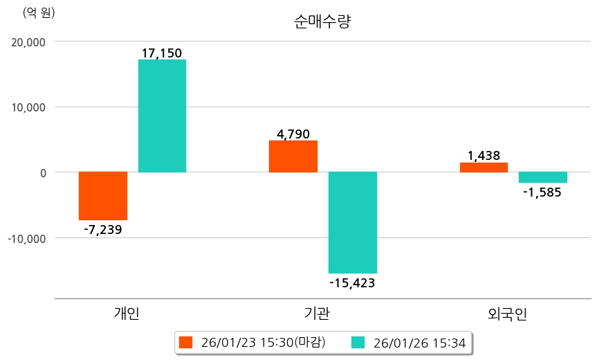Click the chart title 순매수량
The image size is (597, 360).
pyautogui.click(x=323, y=22)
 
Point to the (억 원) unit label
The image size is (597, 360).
pyautogui.click(x=39, y=12)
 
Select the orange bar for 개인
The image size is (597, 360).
pyautogui.click(x=103, y=195)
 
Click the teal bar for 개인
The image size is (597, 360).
pyautogui.click(x=162, y=116)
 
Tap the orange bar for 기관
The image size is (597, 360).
pyautogui.click(x=293, y=156)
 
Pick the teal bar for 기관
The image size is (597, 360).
pyautogui.click(x=353, y=222)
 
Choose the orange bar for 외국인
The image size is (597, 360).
pyautogui.click(x=484, y=167)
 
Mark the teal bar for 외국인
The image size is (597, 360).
pyautogui.click(x=543, y=177)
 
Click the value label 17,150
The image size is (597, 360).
pyautogui.click(x=162, y=53)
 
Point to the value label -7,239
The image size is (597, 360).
pyautogui.click(x=102, y=229)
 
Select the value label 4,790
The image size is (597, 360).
pyautogui.click(x=293, y=134)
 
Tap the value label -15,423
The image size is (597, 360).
pyautogui.click(x=352, y=282)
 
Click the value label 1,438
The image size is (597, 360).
pyautogui.click(x=484, y=156)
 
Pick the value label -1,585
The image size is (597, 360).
pyautogui.click(x=543, y=192)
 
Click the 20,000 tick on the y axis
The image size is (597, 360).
pyautogui.click(x=29, y=42)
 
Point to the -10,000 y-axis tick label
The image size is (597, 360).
pyautogui.click(x=27, y=238)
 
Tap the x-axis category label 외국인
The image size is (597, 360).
pyautogui.click(x=508, y=314)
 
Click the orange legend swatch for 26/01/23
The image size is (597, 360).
pyautogui.click(x=185, y=342)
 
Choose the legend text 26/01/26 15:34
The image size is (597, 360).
pyautogui.click(x=419, y=342)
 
